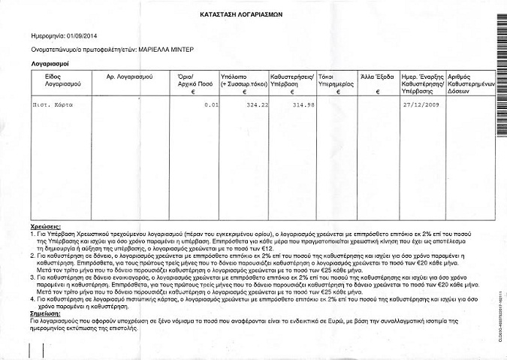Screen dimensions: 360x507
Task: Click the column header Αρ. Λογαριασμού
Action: coord(125,77)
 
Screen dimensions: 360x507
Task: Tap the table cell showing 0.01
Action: coord(210,105)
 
